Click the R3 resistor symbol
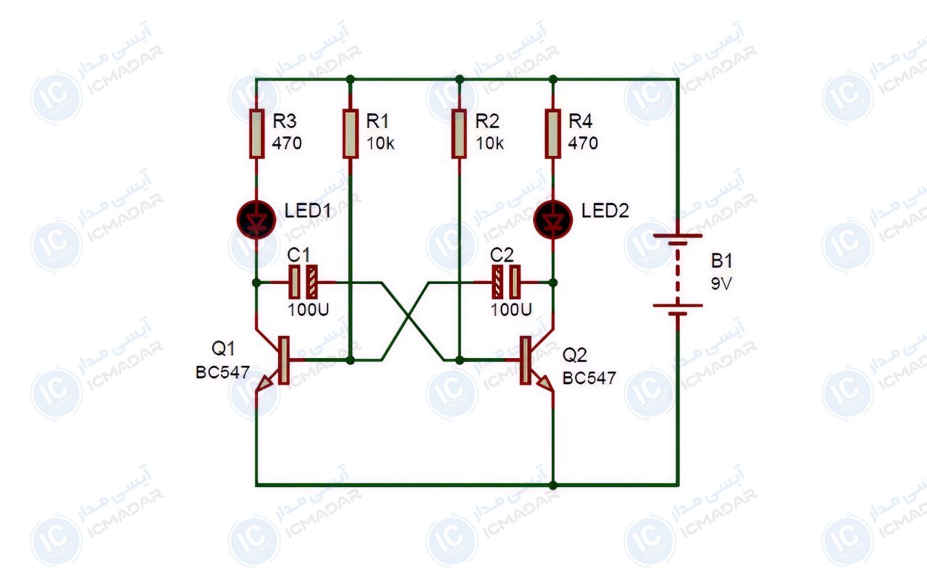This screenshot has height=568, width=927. [x=256, y=134]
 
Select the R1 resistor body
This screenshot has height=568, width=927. [x=351, y=134]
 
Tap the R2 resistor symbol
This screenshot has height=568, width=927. [x=459, y=134]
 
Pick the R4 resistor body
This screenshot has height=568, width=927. [x=553, y=134]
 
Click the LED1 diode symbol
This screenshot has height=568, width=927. [x=256, y=220]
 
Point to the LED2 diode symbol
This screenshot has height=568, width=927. [x=553, y=220]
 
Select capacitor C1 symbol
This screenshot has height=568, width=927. [x=303, y=282]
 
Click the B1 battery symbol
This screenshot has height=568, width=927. [x=677, y=275]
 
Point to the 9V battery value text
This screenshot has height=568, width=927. [x=721, y=283]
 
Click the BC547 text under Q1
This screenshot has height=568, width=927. [x=222, y=372]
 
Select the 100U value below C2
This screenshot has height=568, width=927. [x=511, y=309]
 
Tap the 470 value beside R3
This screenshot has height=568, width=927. [x=287, y=143]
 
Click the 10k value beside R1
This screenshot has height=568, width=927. [x=380, y=143]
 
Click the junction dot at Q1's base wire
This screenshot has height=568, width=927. [x=351, y=360]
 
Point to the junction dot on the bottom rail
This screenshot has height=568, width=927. [x=553, y=485]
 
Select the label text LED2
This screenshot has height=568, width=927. [x=605, y=211]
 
